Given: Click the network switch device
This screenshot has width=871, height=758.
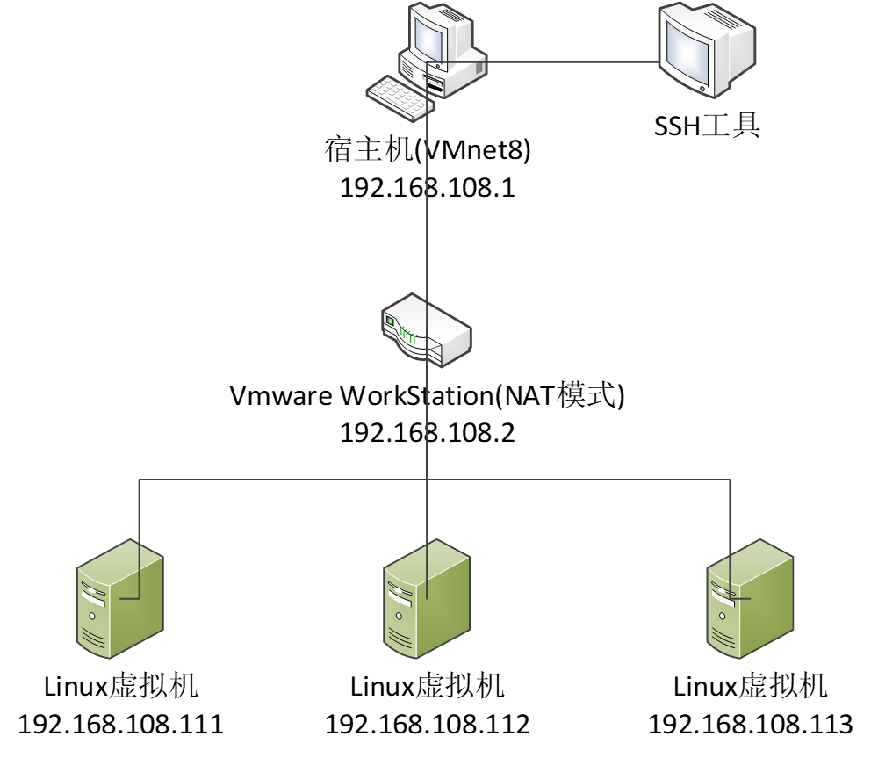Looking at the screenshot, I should [428, 330].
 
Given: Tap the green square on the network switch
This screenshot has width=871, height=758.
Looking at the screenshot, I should [391, 321].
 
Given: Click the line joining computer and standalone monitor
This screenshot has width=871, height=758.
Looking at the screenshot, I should [571, 62].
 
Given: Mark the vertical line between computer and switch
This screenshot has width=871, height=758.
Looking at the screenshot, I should [428, 202].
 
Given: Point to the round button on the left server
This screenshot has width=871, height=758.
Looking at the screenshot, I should [91, 617].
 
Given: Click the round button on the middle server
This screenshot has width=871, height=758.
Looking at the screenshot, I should [398, 617].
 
